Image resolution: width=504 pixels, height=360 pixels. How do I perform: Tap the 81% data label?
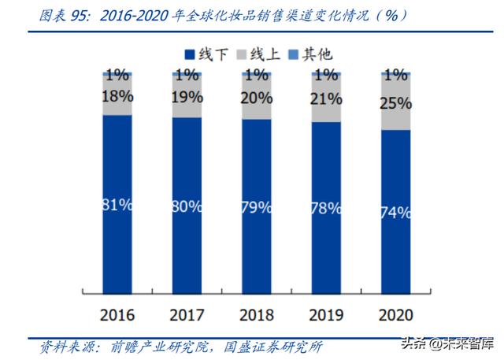[x=117, y=205]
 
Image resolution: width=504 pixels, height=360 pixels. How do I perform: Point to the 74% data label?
[x=396, y=211]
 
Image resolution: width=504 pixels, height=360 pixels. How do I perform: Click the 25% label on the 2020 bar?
[x=396, y=103]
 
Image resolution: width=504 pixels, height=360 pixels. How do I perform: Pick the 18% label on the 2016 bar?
[x=117, y=97]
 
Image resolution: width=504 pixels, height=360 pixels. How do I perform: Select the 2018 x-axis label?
[x=257, y=315]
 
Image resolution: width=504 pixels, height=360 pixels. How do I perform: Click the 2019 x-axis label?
[x=327, y=315]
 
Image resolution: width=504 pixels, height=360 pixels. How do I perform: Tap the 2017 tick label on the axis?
[x=187, y=315]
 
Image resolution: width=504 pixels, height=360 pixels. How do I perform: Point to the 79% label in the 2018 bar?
[x=257, y=208]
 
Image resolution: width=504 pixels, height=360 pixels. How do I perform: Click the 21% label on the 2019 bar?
[x=327, y=99]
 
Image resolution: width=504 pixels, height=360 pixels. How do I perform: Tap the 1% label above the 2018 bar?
[x=257, y=76]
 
